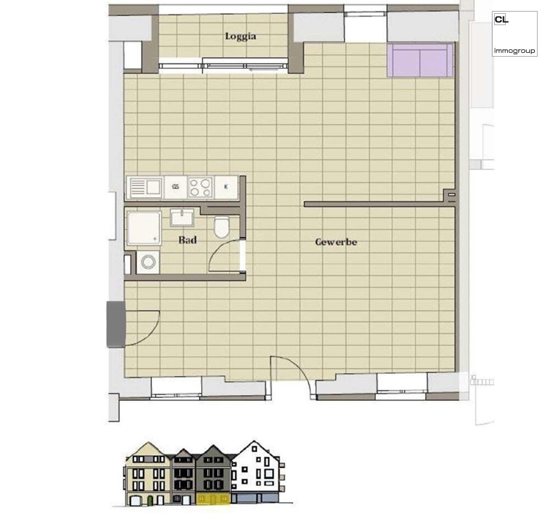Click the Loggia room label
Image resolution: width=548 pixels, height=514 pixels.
click(240, 36)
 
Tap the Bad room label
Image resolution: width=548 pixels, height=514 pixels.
click(187, 240)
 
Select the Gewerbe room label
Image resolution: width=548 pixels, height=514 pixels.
click(336, 242)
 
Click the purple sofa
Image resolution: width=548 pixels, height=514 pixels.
click(420, 60)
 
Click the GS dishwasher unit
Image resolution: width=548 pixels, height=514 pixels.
click(175, 187)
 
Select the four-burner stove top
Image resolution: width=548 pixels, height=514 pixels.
click(201, 187)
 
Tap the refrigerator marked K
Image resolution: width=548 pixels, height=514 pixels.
click(226, 187)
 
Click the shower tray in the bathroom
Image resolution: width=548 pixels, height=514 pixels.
click(144, 228)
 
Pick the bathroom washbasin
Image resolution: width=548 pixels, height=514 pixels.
click(182, 218)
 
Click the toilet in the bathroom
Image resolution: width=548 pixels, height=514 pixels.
click(222, 227)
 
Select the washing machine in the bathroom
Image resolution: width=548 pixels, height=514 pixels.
click(148, 262)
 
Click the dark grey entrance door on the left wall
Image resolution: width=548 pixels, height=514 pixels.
click(115, 324)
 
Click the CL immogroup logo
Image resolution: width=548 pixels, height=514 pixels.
click(514, 34)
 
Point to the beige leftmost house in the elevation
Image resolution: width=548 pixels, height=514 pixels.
click(148, 473)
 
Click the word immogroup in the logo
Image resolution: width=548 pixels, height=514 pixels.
click(514, 51)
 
